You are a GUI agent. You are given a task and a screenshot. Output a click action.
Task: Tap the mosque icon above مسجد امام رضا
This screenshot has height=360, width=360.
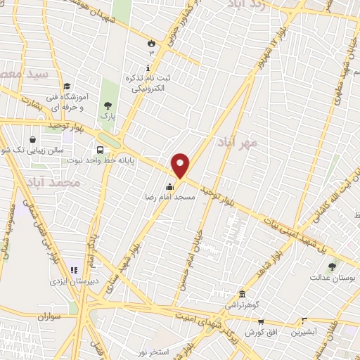pyautogui.click(x=169, y=187)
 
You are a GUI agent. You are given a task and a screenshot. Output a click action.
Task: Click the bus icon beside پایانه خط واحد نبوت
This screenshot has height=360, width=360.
pyautogui.click(x=101, y=150)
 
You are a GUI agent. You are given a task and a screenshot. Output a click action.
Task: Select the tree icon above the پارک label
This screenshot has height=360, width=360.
pyautogui.click(x=108, y=105)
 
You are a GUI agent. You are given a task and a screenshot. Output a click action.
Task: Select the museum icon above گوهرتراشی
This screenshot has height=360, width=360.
pyautogui.click(x=242, y=293)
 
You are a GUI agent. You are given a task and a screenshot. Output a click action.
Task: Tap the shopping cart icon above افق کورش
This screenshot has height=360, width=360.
pyautogui.click(x=260, y=323)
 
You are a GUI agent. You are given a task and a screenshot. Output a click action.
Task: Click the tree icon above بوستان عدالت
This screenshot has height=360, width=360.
pyautogui.click(x=332, y=266)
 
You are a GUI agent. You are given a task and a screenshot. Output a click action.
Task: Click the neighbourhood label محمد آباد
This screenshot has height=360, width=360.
pyautogui.click(x=77, y=183)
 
